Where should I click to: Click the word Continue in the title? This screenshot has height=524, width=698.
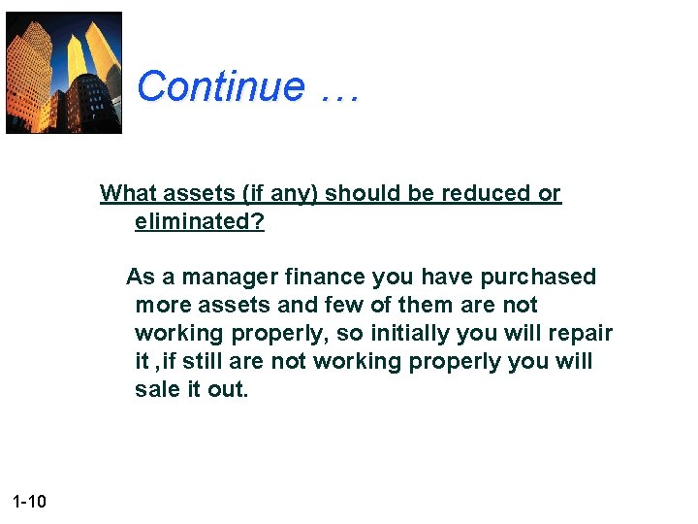(x=221, y=86)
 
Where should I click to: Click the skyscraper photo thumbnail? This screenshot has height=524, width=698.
(x=64, y=73)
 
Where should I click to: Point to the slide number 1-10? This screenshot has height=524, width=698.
(x=30, y=502)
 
